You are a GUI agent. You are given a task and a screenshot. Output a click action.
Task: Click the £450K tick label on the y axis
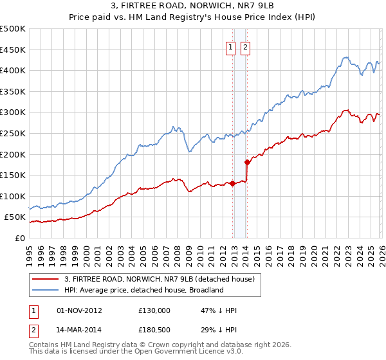[x=13, y=50]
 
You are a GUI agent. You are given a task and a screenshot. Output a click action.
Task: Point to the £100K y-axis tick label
[x=13, y=196]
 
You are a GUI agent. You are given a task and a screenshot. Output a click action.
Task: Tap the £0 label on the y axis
[x=19, y=238]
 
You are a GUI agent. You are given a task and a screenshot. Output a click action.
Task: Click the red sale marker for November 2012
[x=232, y=183]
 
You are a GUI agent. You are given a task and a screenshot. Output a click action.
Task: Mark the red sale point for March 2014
[x=247, y=162]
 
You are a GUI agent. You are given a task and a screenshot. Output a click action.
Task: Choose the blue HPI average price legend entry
[x=143, y=290]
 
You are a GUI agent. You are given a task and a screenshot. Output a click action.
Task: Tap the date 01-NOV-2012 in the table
[x=80, y=310]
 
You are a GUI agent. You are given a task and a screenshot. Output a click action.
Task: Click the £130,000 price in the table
[x=154, y=310]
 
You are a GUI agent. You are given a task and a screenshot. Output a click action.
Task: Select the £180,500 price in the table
[x=154, y=331]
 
